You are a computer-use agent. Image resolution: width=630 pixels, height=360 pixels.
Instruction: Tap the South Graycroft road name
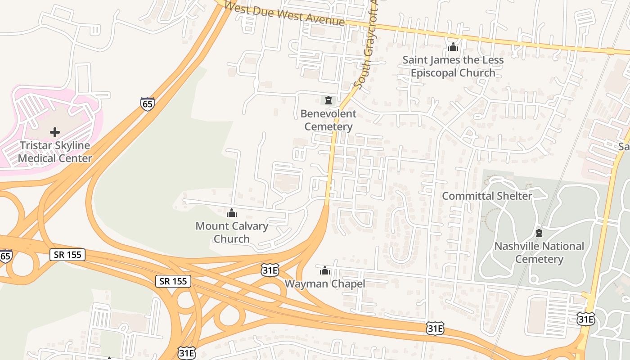tap(365, 45)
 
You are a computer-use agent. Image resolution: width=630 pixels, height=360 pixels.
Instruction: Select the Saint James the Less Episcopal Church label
tap(453, 66)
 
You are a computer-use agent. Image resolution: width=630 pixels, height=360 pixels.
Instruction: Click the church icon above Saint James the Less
tap(453, 47)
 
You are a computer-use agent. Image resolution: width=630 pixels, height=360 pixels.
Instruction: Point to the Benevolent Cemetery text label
tap(328, 120)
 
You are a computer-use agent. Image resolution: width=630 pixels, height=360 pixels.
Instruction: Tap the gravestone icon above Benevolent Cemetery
tap(328, 100)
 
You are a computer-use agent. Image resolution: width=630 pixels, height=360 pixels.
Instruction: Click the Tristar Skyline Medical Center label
tap(55, 152)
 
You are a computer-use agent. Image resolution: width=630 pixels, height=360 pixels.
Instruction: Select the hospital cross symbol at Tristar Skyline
tap(55, 132)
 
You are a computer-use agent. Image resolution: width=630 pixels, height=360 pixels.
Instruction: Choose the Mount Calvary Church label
tap(232, 232)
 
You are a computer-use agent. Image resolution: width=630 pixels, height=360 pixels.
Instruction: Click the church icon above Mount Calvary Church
tap(232, 213)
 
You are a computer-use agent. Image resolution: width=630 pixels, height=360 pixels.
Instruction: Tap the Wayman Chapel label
tap(324, 284)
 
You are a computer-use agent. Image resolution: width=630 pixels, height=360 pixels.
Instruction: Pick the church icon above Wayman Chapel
tap(324, 270)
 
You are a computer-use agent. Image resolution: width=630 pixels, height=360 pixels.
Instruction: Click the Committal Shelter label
tap(487, 196)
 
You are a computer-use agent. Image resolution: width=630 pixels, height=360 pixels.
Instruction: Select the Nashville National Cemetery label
tap(539, 252)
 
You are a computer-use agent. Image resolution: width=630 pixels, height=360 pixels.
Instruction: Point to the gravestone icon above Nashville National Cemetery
tap(539, 233)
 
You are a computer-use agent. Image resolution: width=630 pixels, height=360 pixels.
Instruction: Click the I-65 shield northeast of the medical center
tap(147, 104)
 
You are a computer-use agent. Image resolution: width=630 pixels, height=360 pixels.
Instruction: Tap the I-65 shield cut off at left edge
tap(5, 256)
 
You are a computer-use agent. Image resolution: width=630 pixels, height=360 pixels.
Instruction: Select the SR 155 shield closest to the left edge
tap(67, 255)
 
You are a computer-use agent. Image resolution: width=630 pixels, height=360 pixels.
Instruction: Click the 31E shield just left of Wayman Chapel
tap(270, 270)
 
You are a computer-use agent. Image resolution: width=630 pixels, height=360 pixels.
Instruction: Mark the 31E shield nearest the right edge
tap(585, 319)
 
